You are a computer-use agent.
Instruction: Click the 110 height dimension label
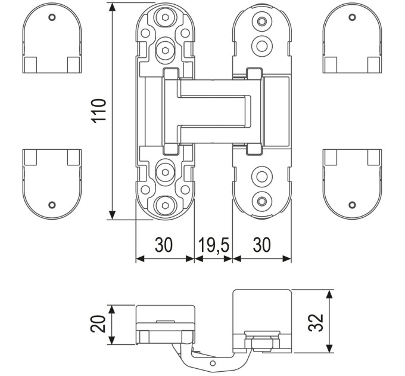tap(99, 110)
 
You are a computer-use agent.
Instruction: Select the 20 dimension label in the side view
tap(98, 323)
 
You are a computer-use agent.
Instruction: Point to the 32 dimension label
tap(316, 323)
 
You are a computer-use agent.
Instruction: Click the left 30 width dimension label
tap(164, 245)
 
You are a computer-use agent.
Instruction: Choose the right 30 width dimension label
tap(261, 245)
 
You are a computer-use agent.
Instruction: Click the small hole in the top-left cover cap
tap(52, 17)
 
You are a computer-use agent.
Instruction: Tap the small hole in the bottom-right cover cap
tap(352, 205)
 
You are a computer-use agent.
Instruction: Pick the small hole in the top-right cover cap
tap(352, 17)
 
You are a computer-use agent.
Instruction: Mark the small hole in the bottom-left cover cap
tap(52, 205)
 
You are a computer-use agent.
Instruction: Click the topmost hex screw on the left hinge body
tap(166, 17)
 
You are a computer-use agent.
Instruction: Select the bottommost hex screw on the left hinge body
tap(166, 205)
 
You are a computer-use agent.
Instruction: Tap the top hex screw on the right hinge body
tap(262, 21)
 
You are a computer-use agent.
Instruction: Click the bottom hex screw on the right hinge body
tap(262, 201)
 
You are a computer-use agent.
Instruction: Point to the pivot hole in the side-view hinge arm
tap(213, 363)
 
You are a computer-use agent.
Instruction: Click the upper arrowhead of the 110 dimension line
tap(112, 7)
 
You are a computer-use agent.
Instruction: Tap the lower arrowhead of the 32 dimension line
tap(329, 348)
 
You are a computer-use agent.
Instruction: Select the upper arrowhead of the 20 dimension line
tap(111, 310)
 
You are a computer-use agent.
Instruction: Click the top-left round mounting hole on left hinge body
tap(145, 33)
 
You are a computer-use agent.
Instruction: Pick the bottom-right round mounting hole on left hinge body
tap(185, 190)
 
